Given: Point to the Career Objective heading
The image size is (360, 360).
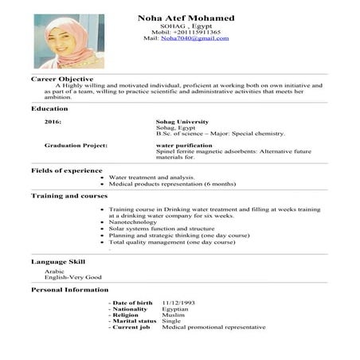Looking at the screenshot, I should coord(62,79).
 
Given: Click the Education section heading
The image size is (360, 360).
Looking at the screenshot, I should coord(49,108).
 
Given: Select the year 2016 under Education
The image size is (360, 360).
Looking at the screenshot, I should coord(53,122).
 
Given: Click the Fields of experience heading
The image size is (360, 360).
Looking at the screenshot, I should coord(66,170).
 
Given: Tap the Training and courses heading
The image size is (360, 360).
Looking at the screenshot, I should coord(69,195).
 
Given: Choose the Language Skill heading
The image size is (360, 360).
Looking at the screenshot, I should coord(58,261).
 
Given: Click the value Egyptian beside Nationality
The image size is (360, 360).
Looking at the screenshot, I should coord(175,309).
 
